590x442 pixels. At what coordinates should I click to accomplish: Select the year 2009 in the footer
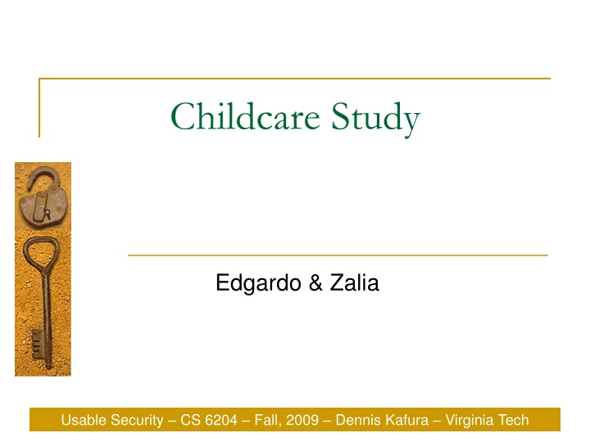click(x=302, y=421)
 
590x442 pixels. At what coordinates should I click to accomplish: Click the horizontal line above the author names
click(x=338, y=255)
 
